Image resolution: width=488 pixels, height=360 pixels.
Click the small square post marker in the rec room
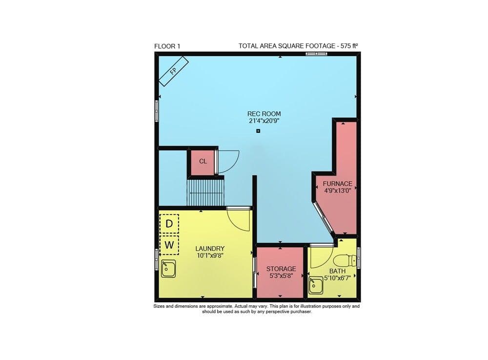click(x=258, y=131)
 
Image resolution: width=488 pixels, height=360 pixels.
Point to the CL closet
click(x=203, y=161)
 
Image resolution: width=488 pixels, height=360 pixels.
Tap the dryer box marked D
click(x=169, y=224)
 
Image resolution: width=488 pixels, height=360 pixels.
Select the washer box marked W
click(x=169, y=245)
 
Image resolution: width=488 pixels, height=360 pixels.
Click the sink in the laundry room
click(x=168, y=269)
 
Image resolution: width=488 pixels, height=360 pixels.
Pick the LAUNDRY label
click(x=210, y=248)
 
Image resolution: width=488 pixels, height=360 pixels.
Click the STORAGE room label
click(x=281, y=269)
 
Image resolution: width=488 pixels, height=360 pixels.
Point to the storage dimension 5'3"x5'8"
click(x=281, y=275)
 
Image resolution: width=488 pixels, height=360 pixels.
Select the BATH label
click(x=337, y=271)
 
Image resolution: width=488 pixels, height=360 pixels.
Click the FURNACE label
click(x=338, y=184)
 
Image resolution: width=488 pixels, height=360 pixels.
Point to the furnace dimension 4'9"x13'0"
click(x=338, y=191)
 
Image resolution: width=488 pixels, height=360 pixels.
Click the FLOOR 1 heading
click(x=167, y=46)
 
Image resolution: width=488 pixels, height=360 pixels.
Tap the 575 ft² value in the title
click(x=348, y=46)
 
